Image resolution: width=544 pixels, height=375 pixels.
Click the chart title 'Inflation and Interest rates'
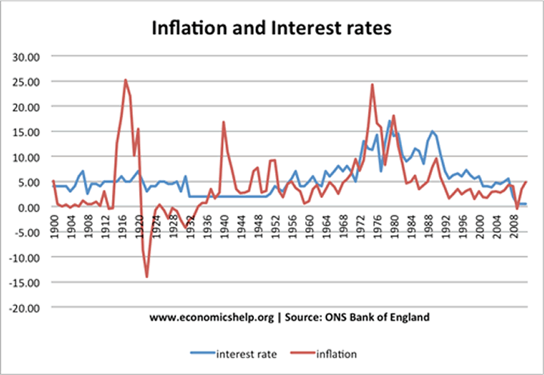(272, 29)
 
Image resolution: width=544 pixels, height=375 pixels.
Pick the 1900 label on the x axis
(54, 225)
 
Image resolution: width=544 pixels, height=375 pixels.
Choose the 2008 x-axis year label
(513, 225)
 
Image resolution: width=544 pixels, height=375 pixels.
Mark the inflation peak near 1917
(125, 80)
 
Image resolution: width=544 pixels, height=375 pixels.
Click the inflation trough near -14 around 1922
(147, 277)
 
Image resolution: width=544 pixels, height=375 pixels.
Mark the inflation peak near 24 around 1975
(372, 85)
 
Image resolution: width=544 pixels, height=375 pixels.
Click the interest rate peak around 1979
(390, 121)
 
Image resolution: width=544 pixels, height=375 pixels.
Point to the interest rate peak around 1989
(432, 132)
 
